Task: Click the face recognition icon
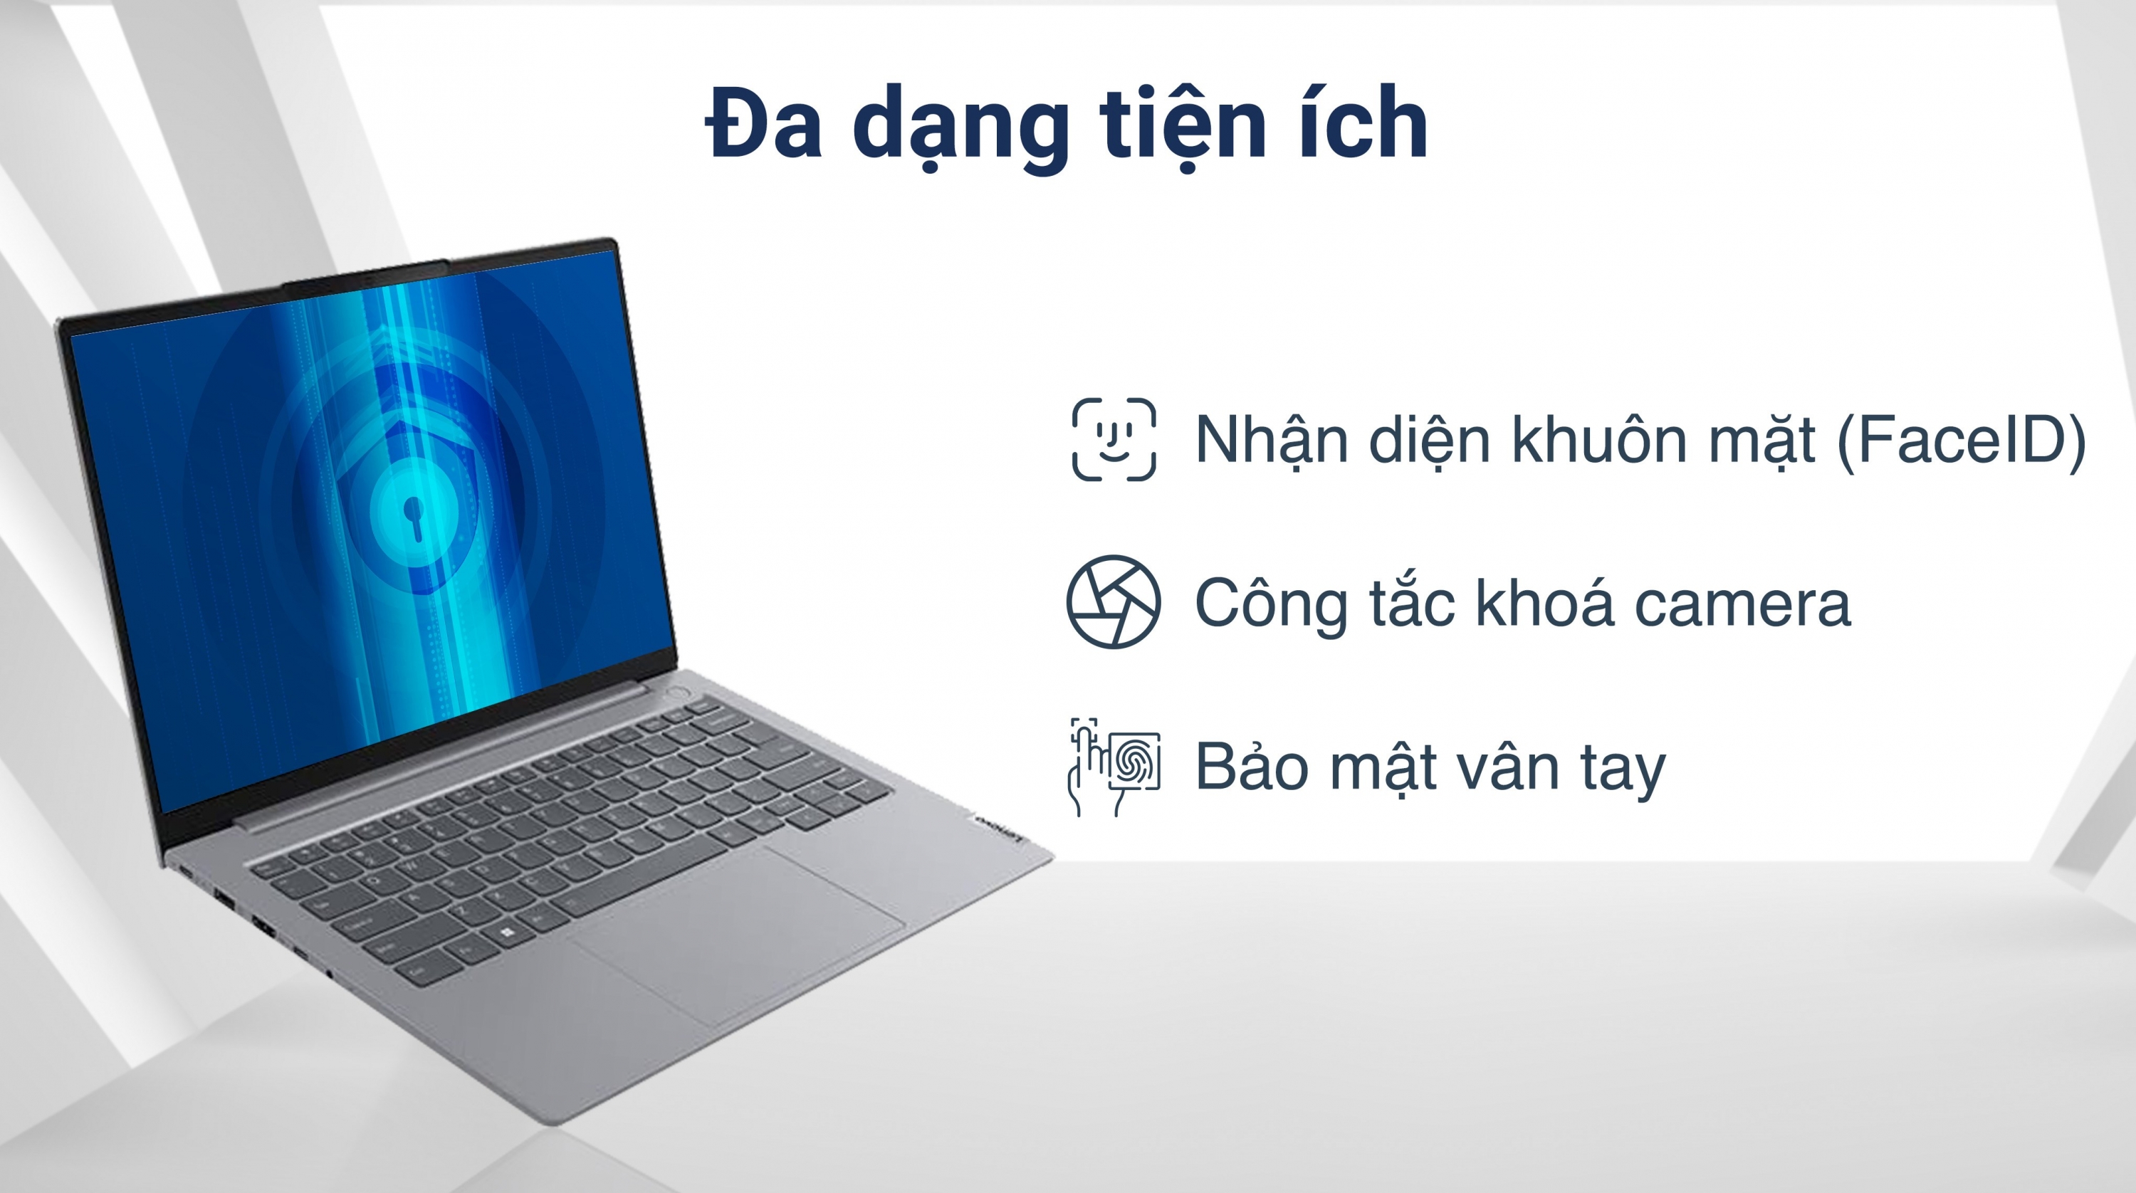[x=1114, y=439]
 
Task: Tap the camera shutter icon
[x=1114, y=601]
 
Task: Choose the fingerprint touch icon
[x=1114, y=767]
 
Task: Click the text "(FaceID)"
[x=1961, y=439]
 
